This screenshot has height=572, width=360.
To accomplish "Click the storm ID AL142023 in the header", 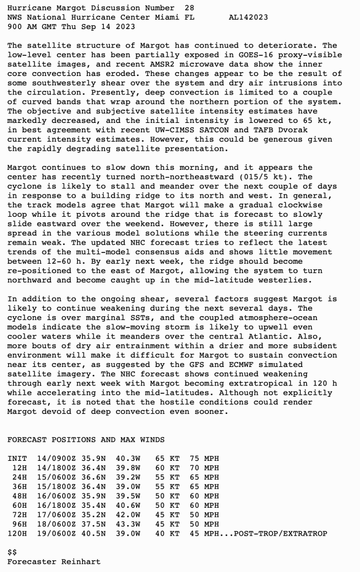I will pyautogui.click(x=248, y=17).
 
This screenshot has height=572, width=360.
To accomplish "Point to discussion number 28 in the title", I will pyautogui.click(x=190, y=8).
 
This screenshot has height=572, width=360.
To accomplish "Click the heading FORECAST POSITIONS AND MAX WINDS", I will pyautogui.click(x=79, y=440).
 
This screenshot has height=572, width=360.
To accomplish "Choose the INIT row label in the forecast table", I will pyautogui.click(x=17, y=459).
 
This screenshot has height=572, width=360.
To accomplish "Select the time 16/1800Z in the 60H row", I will pyautogui.click(x=59, y=506).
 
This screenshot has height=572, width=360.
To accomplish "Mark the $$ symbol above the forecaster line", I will pyautogui.click(x=12, y=552).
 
